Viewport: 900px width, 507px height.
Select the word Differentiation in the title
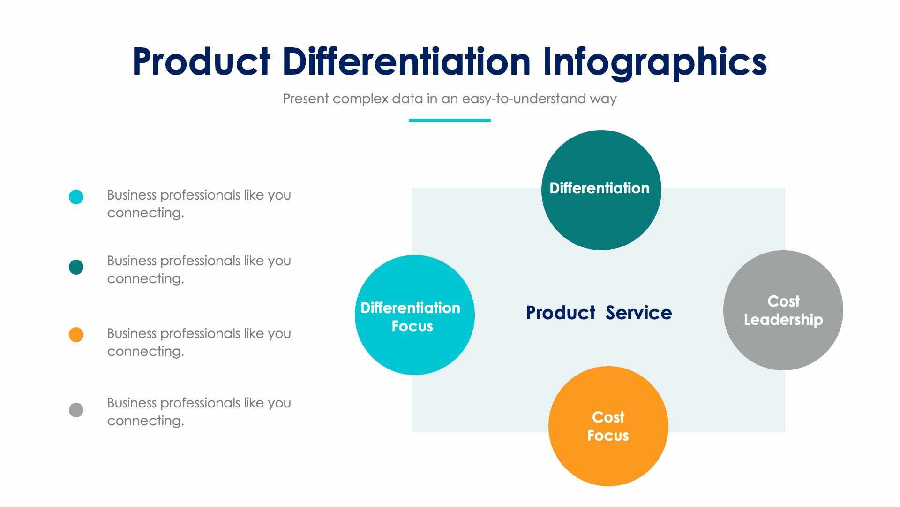406,61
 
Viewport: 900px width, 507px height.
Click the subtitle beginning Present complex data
449,99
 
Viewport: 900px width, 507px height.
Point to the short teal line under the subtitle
449,120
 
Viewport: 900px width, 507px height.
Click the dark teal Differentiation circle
601,216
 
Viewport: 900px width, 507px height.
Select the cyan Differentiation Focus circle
414,347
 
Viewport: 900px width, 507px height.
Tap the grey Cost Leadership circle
783,343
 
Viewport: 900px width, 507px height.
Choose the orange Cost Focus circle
608,460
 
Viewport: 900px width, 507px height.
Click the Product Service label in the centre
599,313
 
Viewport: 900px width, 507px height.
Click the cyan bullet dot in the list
76,197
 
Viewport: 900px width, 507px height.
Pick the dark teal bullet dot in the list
76,267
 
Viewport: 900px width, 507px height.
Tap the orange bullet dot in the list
76,335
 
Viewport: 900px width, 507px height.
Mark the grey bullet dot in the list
76,410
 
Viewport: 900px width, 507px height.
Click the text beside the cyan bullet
199,204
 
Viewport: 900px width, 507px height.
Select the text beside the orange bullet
199,342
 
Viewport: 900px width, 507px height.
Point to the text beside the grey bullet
199,412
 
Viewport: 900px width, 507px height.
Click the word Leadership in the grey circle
783,320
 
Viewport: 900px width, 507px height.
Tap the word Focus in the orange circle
608,436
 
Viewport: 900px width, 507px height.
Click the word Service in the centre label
638,313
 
